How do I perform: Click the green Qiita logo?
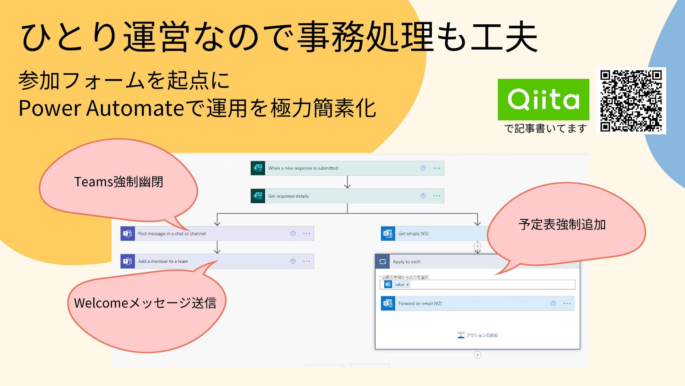(x=543, y=99)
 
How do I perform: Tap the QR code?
(x=631, y=101)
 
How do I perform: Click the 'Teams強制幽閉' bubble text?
(x=118, y=182)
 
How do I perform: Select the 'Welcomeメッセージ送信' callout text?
(x=145, y=303)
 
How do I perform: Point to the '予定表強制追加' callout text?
(x=562, y=224)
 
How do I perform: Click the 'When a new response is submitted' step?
(x=303, y=168)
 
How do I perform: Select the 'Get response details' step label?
(x=288, y=196)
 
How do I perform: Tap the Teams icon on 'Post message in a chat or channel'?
(x=127, y=233)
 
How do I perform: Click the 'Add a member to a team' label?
(x=163, y=261)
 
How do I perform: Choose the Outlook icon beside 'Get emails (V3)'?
(x=388, y=233)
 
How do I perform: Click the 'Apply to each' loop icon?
(x=382, y=262)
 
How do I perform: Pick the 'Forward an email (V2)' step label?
(x=420, y=303)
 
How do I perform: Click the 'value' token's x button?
(x=407, y=285)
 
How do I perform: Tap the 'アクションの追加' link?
(x=478, y=335)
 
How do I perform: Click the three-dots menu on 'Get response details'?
(x=437, y=196)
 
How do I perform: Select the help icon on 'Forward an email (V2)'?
(x=553, y=303)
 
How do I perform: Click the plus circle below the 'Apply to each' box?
(x=477, y=355)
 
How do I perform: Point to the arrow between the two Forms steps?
(x=347, y=182)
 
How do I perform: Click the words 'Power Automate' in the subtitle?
(x=101, y=108)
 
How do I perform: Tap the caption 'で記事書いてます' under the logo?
(x=545, y=128)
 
